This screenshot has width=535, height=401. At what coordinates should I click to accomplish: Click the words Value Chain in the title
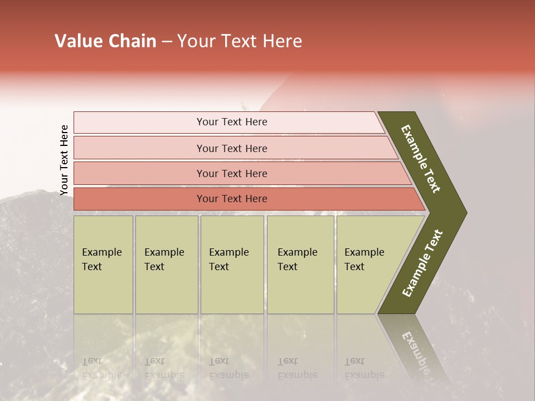[105, 41]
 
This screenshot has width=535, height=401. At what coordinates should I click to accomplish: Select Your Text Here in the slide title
[240, 41]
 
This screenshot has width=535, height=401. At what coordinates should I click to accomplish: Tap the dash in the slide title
[167, 42]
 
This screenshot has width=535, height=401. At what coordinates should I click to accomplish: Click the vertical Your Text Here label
[64, 160]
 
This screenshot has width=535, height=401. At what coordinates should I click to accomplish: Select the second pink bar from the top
[232, 148]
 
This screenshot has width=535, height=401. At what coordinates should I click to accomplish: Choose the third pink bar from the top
[232, 173]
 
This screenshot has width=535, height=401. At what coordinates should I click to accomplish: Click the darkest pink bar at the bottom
[232, 199]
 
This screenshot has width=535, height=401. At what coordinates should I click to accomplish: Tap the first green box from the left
[103, 264]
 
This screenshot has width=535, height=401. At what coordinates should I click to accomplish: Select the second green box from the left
[166, 264]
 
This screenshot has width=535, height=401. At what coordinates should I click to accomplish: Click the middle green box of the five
[232, 264]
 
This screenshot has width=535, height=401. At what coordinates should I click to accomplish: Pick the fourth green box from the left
[300, 264]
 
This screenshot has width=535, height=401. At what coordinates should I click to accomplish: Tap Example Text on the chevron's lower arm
[422, 264]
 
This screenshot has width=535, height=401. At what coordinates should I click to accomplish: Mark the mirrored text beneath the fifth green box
[363, 368]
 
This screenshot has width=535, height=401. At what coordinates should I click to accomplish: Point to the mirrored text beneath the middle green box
[228, 368]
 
